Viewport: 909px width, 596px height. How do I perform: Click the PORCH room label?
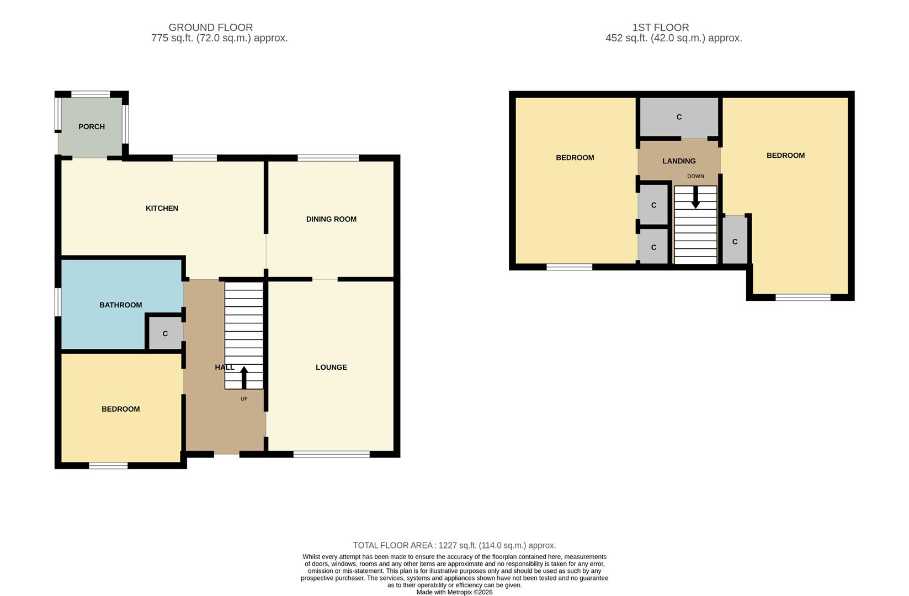pos(92,126)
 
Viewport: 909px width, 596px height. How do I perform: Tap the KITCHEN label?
pos(162,208)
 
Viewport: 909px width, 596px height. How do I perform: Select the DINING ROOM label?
pos(331,219)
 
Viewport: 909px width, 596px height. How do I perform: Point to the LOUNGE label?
pos(331,367)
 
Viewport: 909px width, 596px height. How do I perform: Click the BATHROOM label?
pos(120,305)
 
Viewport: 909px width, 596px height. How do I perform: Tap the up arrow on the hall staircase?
pos(244,377)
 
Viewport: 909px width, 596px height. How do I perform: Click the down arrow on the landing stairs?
pos(695,197)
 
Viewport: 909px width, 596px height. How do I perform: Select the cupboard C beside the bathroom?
pos(165,334)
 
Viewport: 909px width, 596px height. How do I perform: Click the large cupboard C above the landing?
pos(679,117)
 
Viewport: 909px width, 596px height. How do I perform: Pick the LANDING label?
pos(679,161)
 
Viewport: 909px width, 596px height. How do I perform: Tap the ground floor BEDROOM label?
pos(120,409)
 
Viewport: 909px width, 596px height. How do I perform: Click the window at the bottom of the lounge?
pos(331,454)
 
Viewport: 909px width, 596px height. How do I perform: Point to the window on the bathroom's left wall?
pos(57,302)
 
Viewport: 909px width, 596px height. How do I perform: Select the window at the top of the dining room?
pos(328,158)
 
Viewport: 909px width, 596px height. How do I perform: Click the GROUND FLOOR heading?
pos(210,27)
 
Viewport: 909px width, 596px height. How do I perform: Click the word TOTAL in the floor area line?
pos(366,545)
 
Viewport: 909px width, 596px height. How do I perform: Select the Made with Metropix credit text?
pos(454,592)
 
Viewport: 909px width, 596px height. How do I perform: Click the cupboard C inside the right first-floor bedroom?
pos(735,242)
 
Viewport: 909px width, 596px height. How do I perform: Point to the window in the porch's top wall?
pos(91,94)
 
